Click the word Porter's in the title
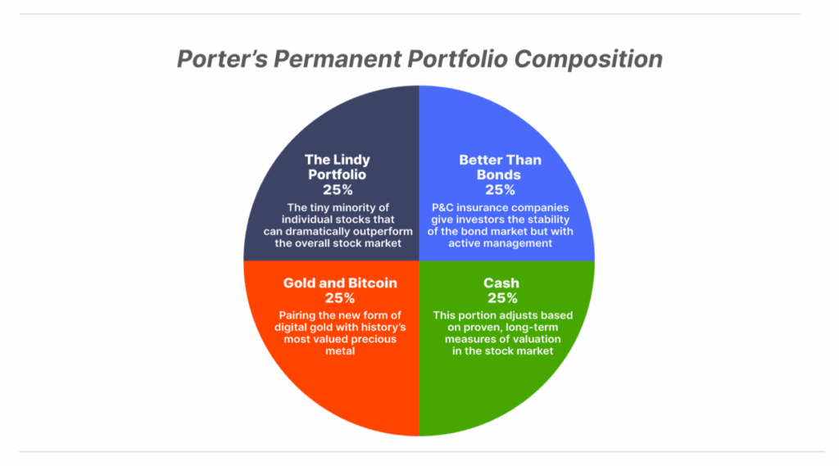(x=222, y=59)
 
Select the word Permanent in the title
(x=337, y=59)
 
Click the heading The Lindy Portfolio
(x=338, y=167)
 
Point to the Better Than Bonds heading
(x=500, y=167)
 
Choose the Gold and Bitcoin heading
(x=340, y=283)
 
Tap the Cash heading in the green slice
(x=501, y=283)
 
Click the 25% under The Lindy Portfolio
(x=338, y=190)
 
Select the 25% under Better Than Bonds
(x=501, y=190)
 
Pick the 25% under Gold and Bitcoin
(x=340, y=298)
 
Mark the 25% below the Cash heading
(x=502, y=298)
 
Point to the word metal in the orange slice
(x=340, y=351)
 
